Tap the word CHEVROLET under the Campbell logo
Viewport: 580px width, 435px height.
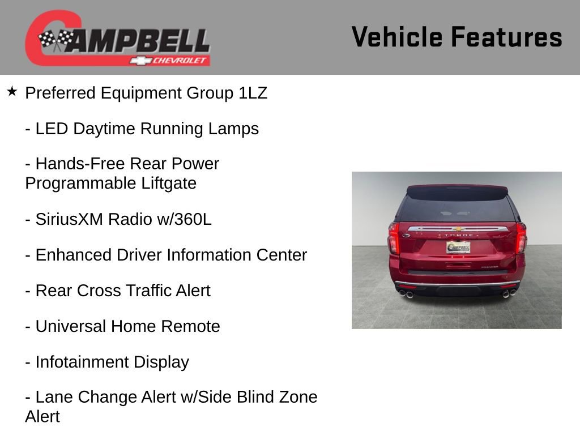coord(181,61)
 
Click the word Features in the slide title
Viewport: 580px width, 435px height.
coord(506,37)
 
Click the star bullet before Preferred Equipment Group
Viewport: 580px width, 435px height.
coord(12,91)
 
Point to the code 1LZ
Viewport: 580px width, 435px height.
coord(253,93)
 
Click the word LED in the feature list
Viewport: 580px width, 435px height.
coord(52,129)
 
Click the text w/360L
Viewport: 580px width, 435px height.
coord(184,219)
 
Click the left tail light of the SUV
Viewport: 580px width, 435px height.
coord(394,238)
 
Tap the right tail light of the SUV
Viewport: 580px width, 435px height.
coord(521,238)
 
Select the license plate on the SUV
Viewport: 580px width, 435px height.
coord(458,247)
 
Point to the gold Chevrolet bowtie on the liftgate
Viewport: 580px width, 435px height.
coord(458,229)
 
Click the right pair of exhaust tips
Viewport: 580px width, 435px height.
coord(509,293)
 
